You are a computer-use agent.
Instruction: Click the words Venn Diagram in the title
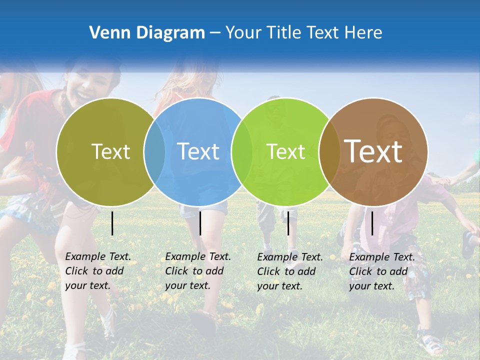(146, 33)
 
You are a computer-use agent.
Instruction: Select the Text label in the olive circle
(110, 151)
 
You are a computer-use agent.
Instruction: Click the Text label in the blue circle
(198, 151)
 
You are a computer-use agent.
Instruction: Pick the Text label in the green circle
(285, 151)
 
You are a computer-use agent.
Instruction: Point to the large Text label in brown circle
(373, 151)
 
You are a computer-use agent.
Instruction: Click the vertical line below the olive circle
(112, 223)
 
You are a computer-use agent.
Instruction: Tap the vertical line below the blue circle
(200, 223)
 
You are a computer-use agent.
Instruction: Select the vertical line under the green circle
(288, 223)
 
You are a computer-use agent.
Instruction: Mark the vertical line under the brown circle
(372, 223)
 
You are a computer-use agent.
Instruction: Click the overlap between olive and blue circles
(154, 151)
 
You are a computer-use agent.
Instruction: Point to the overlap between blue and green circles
(242, 151)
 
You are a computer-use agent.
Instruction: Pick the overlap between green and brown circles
(329, 151)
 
